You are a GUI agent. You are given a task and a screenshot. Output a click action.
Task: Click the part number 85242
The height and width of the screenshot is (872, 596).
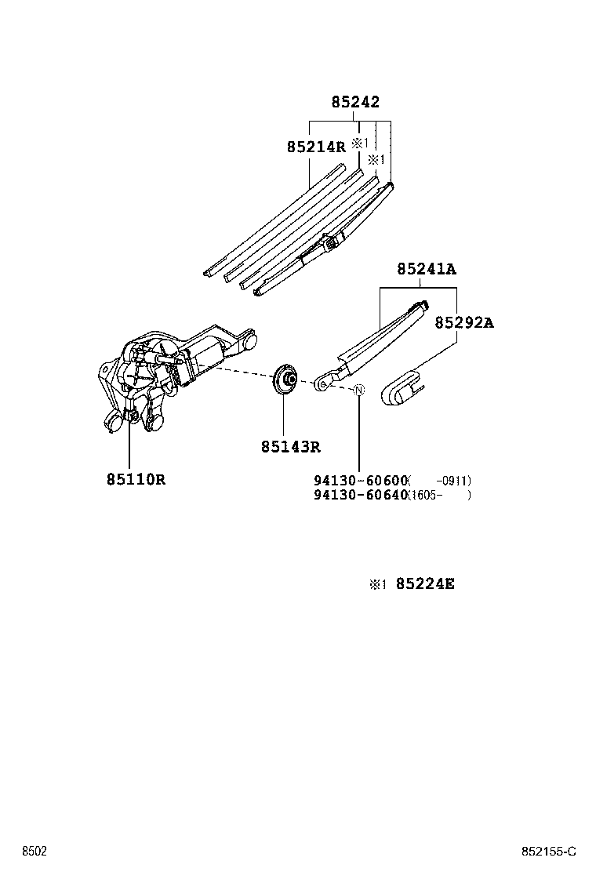point(354,103)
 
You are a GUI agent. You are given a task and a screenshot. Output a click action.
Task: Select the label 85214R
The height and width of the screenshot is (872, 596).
point(315,147)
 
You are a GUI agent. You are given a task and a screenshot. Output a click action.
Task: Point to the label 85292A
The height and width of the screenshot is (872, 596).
point(464,322)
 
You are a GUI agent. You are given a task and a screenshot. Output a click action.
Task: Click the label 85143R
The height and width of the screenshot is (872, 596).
point(291,448)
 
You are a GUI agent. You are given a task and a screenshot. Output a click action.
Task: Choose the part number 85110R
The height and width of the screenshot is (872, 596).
point(136,479)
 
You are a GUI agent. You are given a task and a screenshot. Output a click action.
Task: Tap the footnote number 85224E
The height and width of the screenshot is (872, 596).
point(425,583)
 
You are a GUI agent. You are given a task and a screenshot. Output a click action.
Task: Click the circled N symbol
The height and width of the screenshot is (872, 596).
point(359,391)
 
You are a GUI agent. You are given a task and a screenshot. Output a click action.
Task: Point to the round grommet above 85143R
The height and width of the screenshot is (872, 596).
point(284,380)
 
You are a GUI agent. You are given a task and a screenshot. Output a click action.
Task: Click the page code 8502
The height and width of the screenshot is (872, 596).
point(34,851)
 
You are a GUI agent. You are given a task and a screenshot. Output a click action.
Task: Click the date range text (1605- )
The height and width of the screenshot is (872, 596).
point(438,495)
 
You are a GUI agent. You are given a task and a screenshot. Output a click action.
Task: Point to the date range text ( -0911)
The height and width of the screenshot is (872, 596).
point(439,481)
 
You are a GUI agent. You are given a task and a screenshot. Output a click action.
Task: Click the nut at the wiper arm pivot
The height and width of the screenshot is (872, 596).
point(322,384)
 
